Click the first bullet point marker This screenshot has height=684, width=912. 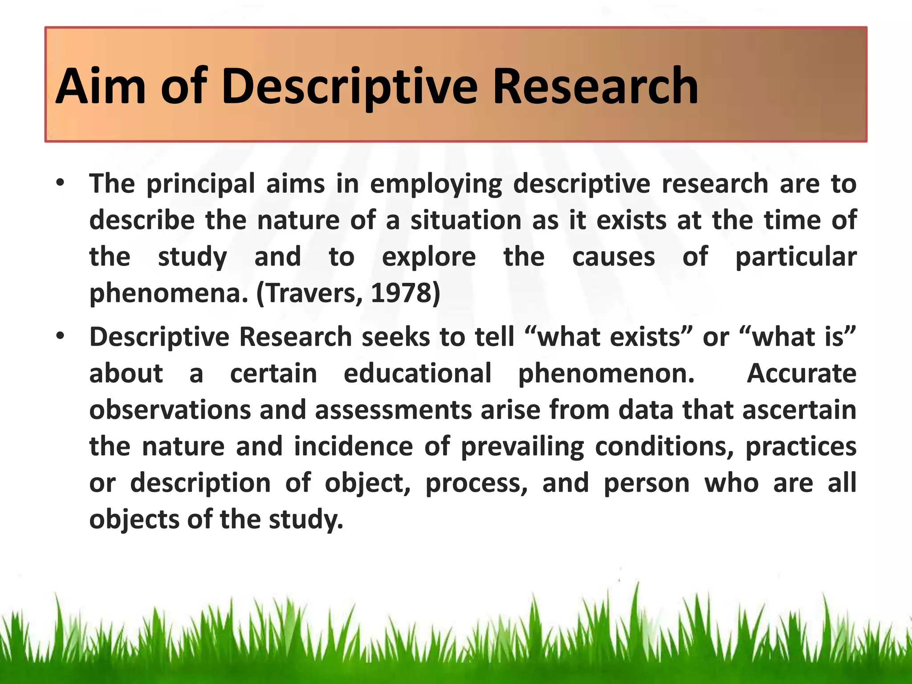click(x=61, y=183)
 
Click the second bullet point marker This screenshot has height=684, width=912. click(x=61, y=337)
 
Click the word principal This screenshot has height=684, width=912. click(x=200, y=184)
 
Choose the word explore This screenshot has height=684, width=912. click(x=429, y=257)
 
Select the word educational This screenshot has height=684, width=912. click(x=417, y=373)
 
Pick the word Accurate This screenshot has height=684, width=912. click(x=801, y=373)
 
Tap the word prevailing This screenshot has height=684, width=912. click(x=522, y=447)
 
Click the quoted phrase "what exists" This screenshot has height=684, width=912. click(x=610, y=337)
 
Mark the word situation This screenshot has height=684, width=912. click(x=465, y=220)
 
